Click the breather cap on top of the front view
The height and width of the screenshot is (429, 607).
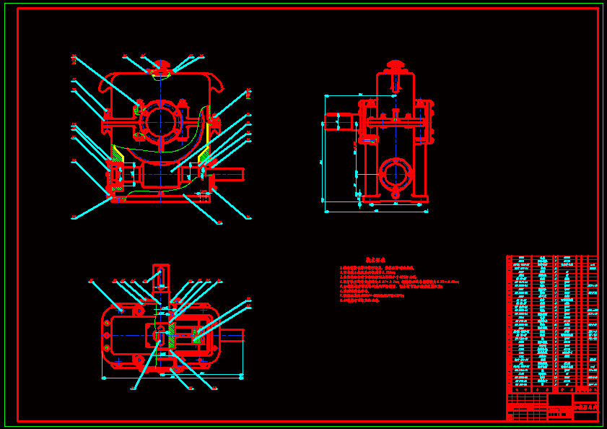click(x=161, y=66)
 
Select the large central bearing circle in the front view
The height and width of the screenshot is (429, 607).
click(x=160, y=120)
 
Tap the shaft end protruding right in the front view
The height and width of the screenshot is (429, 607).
click(x=230, y=173)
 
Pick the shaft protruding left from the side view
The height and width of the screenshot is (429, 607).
click(x=339, y=122)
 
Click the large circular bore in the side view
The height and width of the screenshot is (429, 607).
click(x=395, y=173)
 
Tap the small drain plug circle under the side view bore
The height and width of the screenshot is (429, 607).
click(x=395, y=194)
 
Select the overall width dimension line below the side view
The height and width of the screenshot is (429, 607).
click(x=376, y=212)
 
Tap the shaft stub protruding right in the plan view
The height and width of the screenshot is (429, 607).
click(x=232, y=334)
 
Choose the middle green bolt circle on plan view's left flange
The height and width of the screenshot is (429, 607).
click(x=106, y=336)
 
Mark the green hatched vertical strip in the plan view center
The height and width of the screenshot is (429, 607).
click(x=171, y=333)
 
